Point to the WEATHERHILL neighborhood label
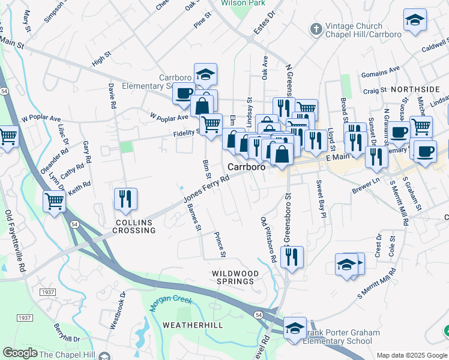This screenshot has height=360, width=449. (193, 325)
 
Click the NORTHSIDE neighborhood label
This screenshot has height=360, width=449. (415, 89)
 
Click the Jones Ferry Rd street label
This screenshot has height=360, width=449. (206, 188)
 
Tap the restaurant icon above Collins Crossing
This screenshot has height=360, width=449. (125, 199)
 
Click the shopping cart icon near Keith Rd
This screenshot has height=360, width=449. (54, 201)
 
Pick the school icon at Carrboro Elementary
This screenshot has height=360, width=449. (205, 74)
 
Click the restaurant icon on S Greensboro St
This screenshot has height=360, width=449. (292, 256)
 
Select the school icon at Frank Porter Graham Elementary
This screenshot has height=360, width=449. (295, 328)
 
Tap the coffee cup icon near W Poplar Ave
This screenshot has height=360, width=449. (184, 93)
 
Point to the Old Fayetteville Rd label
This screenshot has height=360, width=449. (15, 240)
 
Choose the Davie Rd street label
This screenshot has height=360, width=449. (112, 95)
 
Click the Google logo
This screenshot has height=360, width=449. (20, 353)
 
